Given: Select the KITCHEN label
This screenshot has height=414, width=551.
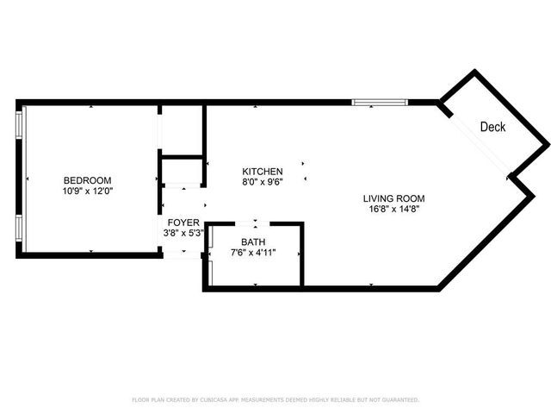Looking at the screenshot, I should (263, 171).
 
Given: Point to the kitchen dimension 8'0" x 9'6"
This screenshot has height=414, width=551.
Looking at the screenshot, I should (263, 181).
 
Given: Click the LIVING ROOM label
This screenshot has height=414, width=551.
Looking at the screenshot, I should (393, 198).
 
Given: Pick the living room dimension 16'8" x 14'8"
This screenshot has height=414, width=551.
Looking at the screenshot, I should (393, 209).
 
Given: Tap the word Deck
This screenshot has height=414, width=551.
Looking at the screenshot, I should (492, 127).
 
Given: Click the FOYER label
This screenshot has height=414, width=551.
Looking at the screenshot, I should (183, 223).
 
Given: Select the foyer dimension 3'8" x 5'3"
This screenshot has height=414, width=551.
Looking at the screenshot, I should (183, 233).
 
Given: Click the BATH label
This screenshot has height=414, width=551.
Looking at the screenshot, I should (253, 242).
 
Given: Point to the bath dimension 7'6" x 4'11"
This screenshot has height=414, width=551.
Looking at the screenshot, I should (253, 253).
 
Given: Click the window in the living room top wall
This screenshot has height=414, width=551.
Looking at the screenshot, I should (379, 102).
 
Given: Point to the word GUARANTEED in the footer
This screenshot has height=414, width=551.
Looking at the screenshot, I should (399, 400).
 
